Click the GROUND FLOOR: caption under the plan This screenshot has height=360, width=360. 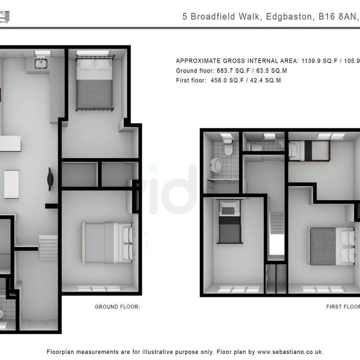pyautogui.click(x=117, y=307)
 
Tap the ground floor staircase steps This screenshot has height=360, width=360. pyautogui.click(x=49, y=246)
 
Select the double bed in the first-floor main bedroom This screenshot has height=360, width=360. pyautogui.click(x=330, y=246)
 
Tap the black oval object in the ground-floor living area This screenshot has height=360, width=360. pyautogui.click(x=50, y=179)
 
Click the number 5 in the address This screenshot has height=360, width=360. pyautogui.click(x=185, y=16)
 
